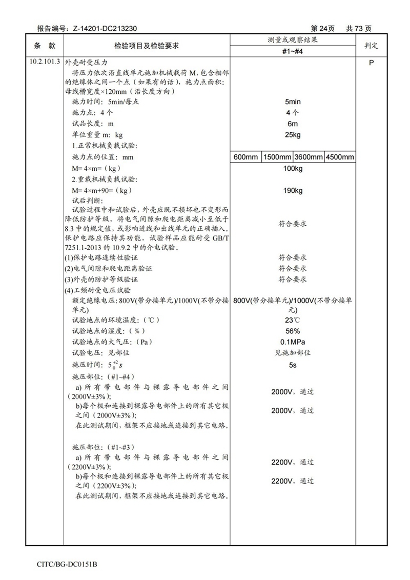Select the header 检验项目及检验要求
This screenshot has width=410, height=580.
146,46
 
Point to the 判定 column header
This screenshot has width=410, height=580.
371,46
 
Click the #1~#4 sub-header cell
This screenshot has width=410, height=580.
293,51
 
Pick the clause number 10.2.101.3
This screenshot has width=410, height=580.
45,62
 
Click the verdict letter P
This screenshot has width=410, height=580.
371,62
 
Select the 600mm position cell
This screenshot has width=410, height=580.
246,157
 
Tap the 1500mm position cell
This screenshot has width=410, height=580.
277,157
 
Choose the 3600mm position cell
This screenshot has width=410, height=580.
309,157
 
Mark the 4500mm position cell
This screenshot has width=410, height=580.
340,157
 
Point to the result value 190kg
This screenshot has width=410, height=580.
293,191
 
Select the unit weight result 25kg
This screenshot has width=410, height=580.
293,135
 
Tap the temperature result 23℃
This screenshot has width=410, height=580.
293,320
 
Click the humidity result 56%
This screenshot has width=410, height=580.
293,331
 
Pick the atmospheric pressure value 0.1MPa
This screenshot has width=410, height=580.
293,342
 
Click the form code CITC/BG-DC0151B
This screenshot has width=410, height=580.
67,564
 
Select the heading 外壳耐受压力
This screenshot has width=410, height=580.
85,62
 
